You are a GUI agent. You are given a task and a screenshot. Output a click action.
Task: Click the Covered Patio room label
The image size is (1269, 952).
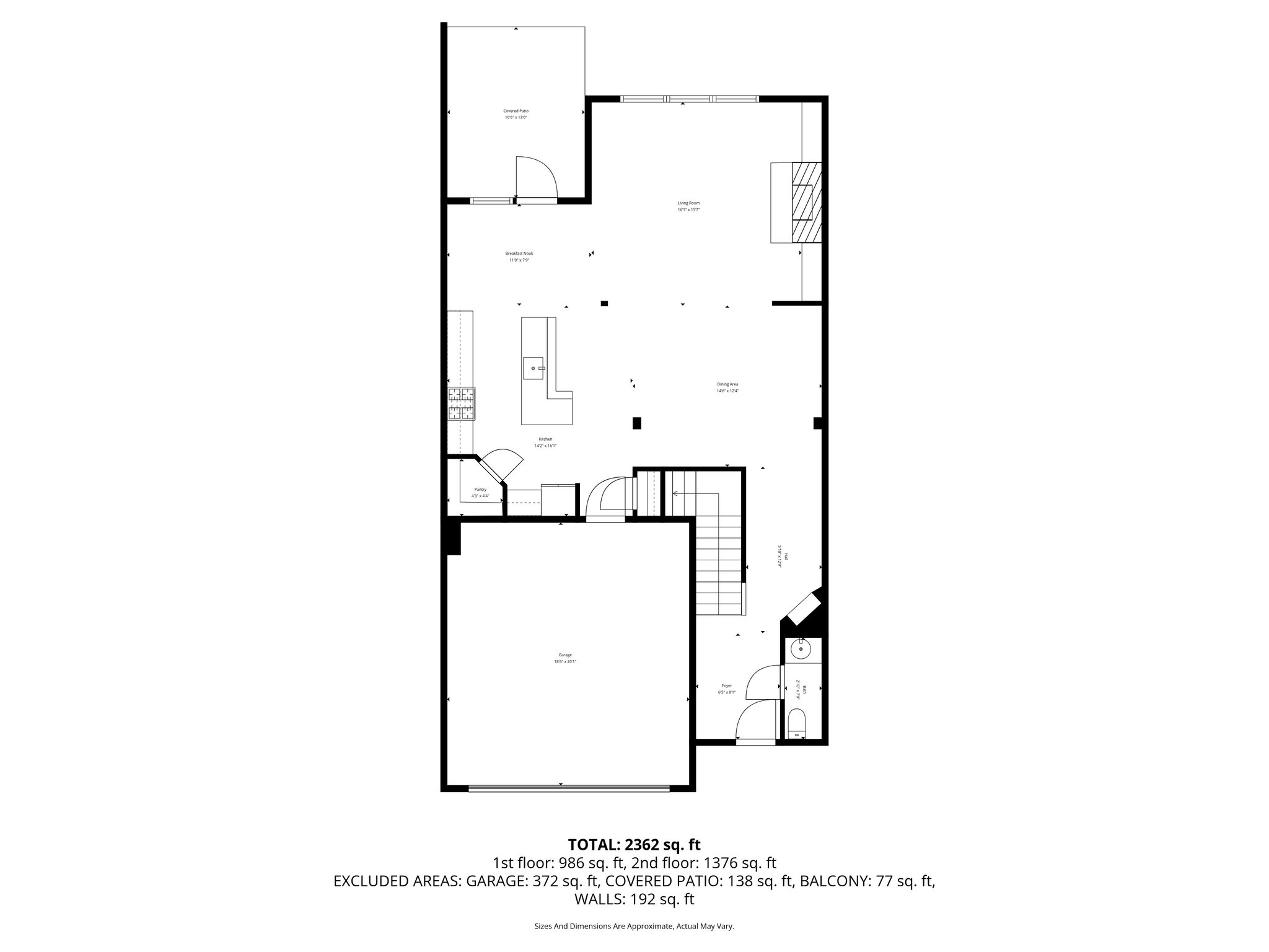[x=516, y=111]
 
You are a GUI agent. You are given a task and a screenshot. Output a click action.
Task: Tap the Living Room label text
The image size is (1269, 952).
[x=688, y=203]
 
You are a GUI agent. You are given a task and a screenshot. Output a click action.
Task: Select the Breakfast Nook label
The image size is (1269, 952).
[x=519, y=253]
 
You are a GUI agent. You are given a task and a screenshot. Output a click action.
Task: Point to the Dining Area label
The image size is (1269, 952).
[x=727, y=384]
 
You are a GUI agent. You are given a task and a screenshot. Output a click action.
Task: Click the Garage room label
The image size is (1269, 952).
[x=564, y=655]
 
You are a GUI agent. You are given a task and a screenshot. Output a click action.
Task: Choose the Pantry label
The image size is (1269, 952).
[x=480, y=490]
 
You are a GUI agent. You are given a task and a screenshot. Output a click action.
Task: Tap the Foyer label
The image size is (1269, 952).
[x=726, y=685]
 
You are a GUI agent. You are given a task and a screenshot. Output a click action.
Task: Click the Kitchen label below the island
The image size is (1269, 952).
[x=545, y=439]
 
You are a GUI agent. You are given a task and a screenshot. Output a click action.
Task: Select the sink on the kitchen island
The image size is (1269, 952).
[x=534, y=368]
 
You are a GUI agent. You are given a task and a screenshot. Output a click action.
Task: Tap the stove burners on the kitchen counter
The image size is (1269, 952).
[x=462, y=403]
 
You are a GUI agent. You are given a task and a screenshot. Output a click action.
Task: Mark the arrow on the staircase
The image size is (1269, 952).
[x=675, y=494]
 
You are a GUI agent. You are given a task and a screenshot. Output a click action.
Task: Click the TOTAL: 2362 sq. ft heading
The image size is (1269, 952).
[x=634, y=844]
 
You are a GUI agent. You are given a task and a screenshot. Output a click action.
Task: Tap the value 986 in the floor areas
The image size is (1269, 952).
[x=571, y=863]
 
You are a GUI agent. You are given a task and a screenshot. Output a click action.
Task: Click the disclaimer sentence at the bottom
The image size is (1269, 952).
[x=634, y=926]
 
